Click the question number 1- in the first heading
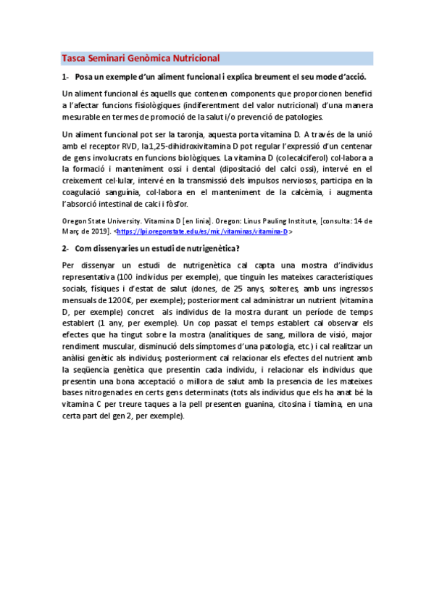tap(66, 77)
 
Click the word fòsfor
tap(199, 204)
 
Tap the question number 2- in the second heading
tap(66, 249)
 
